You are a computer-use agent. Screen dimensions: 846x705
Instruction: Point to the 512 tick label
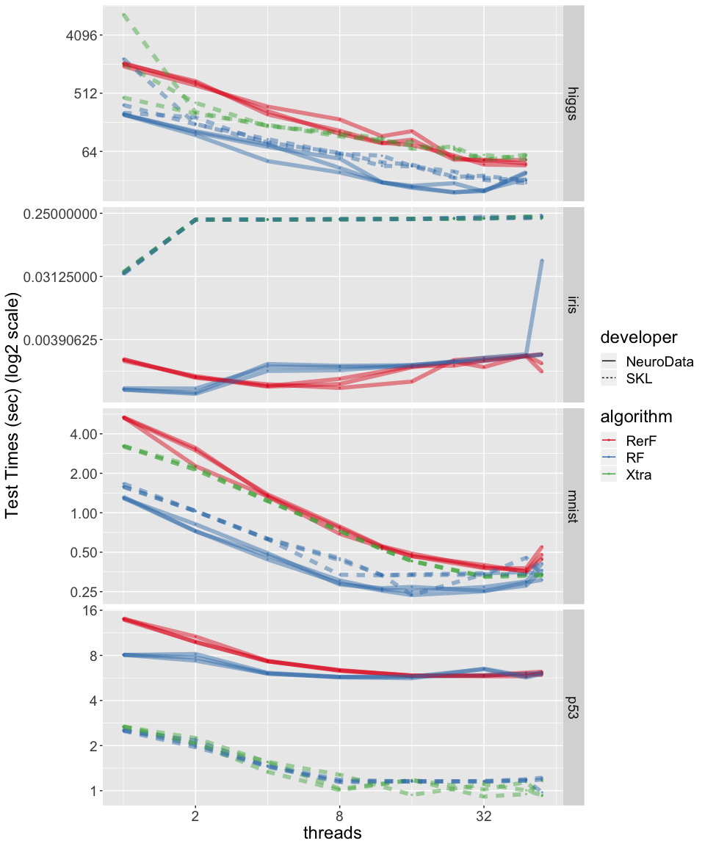[x=83, y=93]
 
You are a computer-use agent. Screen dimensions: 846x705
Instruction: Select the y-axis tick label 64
[x=87, y=151]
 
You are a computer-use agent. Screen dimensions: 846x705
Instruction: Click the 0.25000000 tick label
[x=61, y=214]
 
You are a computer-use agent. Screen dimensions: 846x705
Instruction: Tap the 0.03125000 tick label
[x=61, y=277]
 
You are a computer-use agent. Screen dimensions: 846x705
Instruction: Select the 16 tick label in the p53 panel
[x=90, y=611]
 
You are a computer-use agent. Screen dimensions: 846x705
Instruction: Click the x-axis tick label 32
[x=483, y=815]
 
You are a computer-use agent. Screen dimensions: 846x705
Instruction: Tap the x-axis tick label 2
[x=195, y=815]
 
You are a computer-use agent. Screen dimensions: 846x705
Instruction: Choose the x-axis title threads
[x=333, y=834]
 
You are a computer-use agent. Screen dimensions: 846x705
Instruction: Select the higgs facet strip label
[x=574, y=103]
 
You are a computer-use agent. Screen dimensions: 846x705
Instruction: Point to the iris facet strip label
[x=574, y=305]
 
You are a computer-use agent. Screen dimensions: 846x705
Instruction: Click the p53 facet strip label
[x=574, y=706]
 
